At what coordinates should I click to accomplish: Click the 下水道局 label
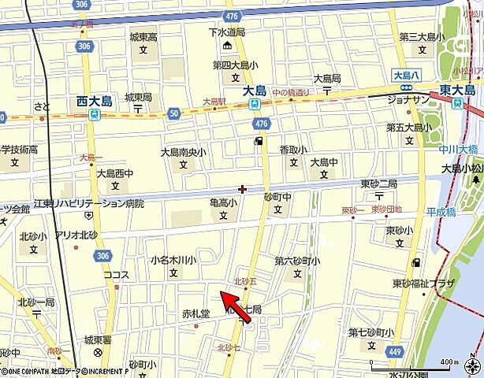228,33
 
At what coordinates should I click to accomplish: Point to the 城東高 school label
143,37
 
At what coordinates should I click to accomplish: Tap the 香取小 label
293,149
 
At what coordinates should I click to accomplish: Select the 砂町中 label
277,197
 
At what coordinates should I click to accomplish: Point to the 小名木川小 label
173,259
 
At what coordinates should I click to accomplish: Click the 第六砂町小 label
297,261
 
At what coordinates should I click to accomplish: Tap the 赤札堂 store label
195,313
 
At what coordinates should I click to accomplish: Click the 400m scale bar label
445,361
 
